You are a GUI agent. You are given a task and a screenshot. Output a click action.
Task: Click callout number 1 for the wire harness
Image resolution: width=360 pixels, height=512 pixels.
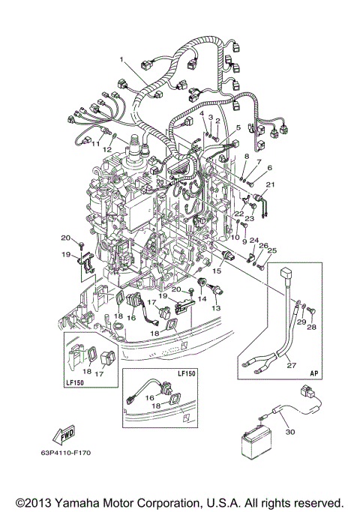[x=119, y=59]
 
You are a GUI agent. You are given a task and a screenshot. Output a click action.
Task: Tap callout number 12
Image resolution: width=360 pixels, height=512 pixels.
[x=108, y=149]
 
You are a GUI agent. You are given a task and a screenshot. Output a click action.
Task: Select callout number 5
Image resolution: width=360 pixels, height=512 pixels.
[x=238, y=128]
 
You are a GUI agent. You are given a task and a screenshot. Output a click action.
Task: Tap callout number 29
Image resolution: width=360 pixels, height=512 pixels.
[x=301, y=322]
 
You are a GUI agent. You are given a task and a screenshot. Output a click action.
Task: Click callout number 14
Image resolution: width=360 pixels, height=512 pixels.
[x=201, y=298]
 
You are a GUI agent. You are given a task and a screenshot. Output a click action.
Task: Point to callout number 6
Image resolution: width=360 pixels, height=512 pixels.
[x=270, y=169]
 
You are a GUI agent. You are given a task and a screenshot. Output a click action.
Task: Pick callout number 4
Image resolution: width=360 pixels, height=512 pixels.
[x=201, y=113]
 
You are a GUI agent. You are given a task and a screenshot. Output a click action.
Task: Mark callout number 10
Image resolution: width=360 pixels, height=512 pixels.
[x=235, y=238]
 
